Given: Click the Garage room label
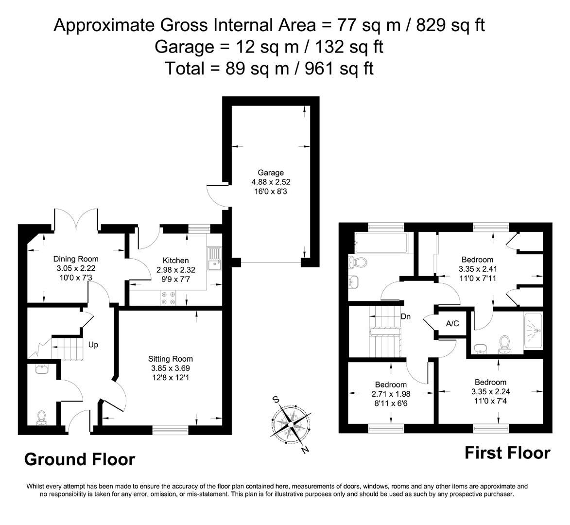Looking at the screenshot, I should tap(271, 173).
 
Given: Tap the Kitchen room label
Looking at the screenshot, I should tap(175, 261).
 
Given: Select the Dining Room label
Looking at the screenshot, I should tap(76, 259).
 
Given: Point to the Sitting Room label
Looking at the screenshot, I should tap(171, 359).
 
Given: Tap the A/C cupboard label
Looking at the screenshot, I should tap(452, 324).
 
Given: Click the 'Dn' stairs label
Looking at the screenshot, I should tap(406, 316).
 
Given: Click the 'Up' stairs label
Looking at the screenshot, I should tap(93, 345).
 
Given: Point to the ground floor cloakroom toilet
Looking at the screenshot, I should tap(42, 417).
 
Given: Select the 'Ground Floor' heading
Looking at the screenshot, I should tap(79, 459).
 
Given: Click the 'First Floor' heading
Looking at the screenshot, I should tap(507, 453).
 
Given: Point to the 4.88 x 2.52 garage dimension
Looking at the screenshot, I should tap(271, 182).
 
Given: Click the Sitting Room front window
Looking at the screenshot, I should tap(170, 429).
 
